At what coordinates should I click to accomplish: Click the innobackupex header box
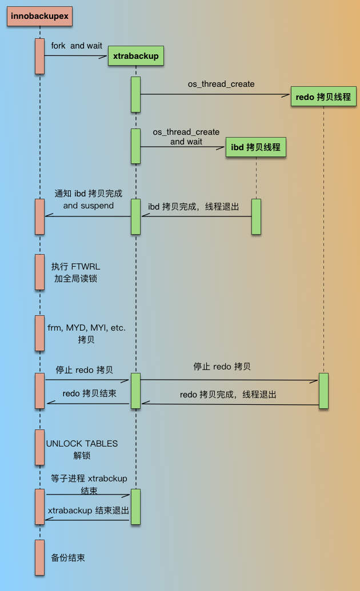[x=39, y=17]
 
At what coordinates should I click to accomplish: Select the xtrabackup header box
[x=136, y=56]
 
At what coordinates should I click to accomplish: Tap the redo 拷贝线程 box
[x=323, y=97]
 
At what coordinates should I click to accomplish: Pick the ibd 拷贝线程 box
[x=256, y=147]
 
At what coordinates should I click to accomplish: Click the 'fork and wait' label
[x=77, y=46]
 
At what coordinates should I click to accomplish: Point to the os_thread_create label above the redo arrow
[x=221, y=84]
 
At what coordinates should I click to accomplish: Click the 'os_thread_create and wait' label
[x=186, y=136]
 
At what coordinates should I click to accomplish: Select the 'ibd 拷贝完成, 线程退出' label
[x=193, y=207]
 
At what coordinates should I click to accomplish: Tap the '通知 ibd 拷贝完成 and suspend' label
[x=89, y=199]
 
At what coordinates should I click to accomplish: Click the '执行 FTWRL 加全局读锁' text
[x=75, y=272]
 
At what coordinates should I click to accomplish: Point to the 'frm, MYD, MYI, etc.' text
[x=86, y=328]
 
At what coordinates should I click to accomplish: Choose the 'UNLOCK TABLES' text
[x=82, y=444]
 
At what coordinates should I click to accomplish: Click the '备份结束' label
[x=68, y=558]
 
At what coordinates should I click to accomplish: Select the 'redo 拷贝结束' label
[x=90, y=393]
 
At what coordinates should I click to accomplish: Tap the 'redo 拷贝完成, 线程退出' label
[x=228, y=395]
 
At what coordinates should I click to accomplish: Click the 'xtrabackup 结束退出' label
[x=89, y=510]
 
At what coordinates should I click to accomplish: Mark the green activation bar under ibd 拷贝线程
[x=256, y=217]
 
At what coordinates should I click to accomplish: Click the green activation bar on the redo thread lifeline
[x=323, y=391]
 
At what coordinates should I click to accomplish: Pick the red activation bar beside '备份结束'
[x=39, y=557]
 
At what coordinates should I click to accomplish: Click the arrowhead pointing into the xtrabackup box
[x=103, y=57]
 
